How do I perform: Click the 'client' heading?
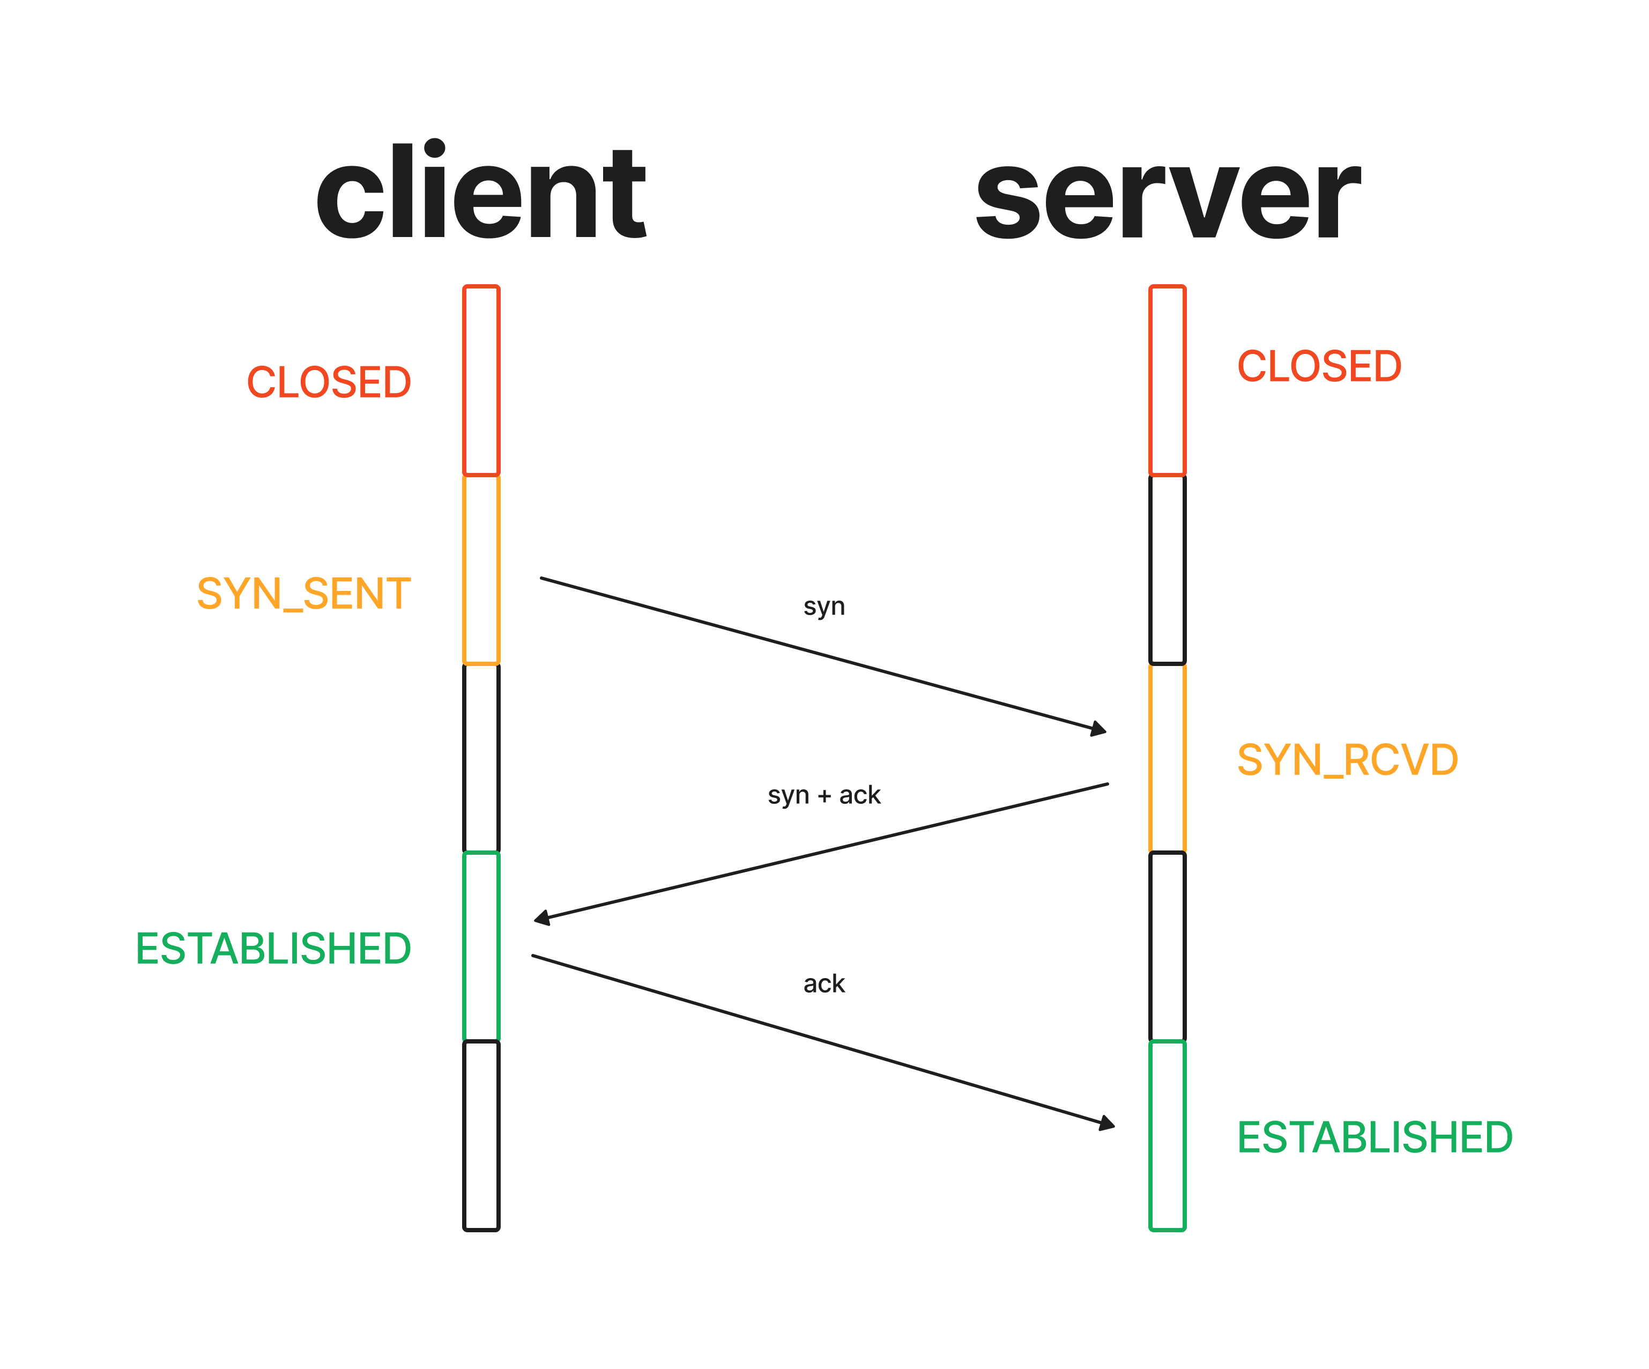coord(480,191)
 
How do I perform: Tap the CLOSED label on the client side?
coord(329,382)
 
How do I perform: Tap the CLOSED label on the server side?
coord(1319,367)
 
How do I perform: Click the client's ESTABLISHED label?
coord(273,948)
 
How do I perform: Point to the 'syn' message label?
coord(824,606)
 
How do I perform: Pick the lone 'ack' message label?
coord(824,983)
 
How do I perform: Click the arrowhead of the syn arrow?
coord(1100,730)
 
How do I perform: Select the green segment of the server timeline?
coord(1168,1136)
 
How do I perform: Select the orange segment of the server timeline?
coord(1168,758)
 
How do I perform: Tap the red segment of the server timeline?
coord(1168,381)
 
